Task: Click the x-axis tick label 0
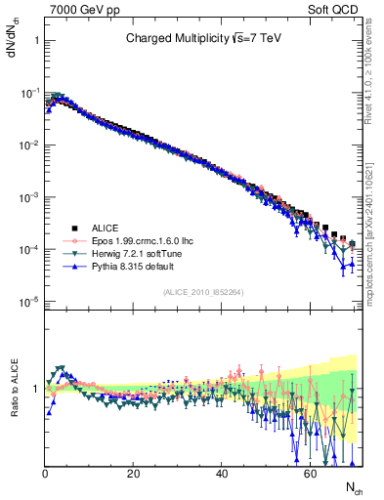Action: tap(45, 475)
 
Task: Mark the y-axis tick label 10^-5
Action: tap(28, 302)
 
